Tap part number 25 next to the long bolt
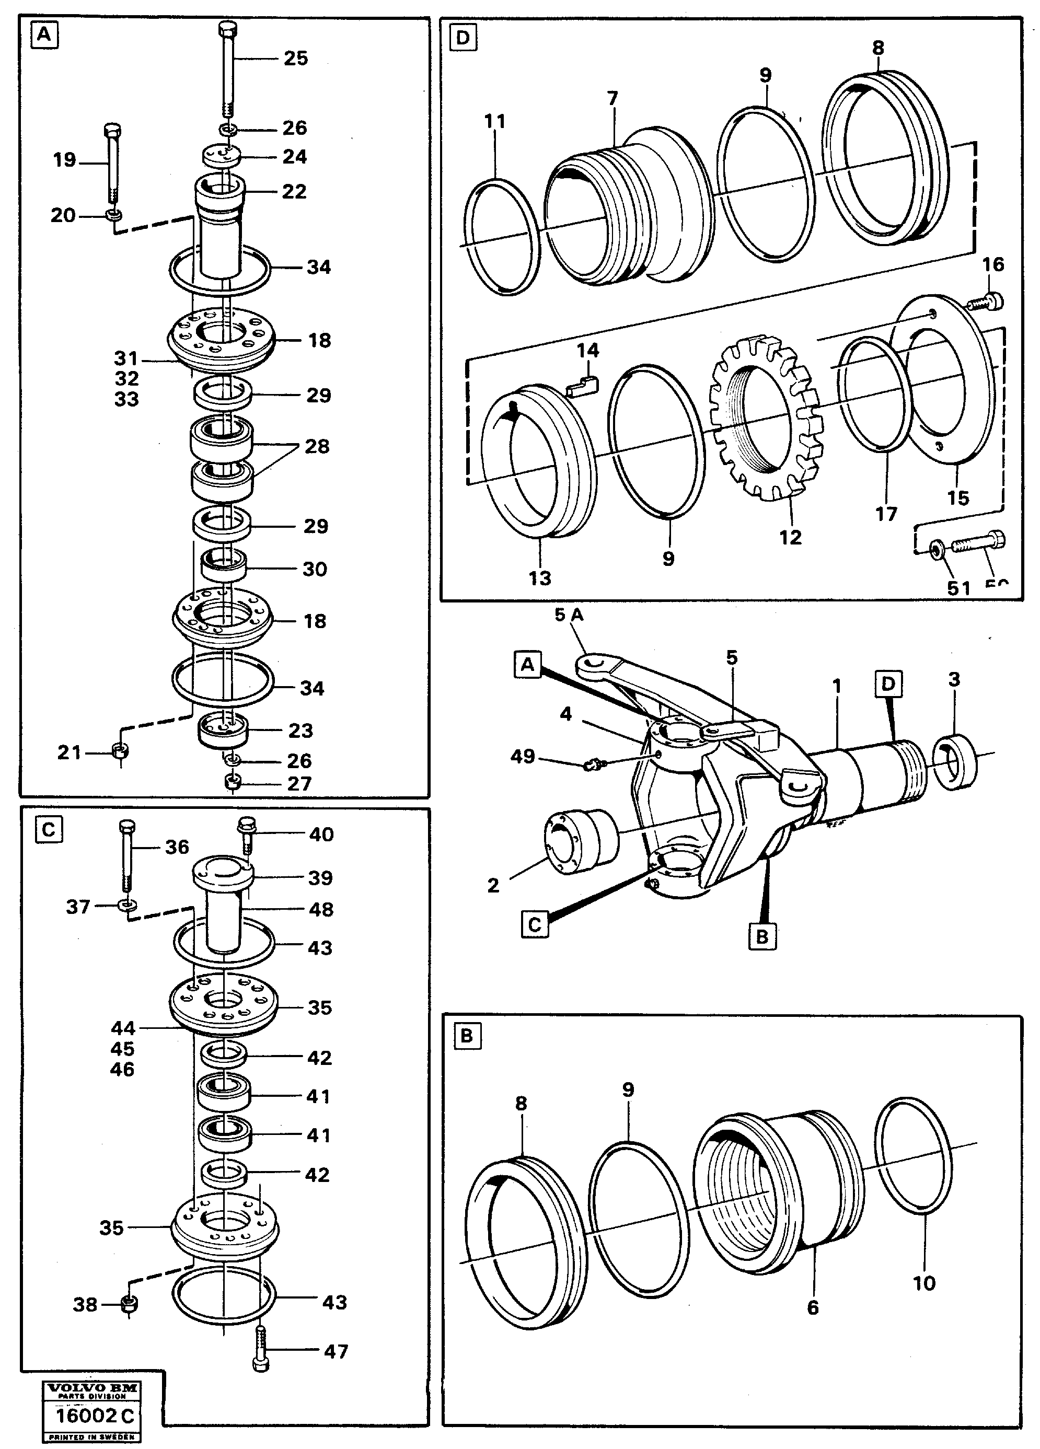(x=295, y=58)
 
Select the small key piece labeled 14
(x=583, y=385)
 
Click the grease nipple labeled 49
(x=592, y=763)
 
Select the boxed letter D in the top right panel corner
(x=463, y=38)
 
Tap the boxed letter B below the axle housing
(x=761, y=936)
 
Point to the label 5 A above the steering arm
(x=569, y=615)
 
